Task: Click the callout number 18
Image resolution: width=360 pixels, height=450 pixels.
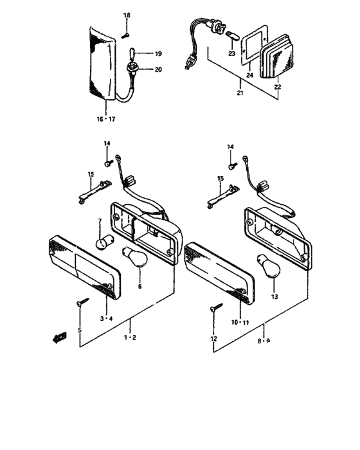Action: coord(127,15)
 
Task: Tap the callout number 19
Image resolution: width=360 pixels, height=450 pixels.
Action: coord(157,55)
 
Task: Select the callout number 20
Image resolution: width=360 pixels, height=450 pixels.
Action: coord(158,69)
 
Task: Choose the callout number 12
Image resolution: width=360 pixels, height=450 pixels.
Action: coord(213,338)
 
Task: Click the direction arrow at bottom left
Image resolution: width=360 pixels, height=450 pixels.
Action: coord(59,335)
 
